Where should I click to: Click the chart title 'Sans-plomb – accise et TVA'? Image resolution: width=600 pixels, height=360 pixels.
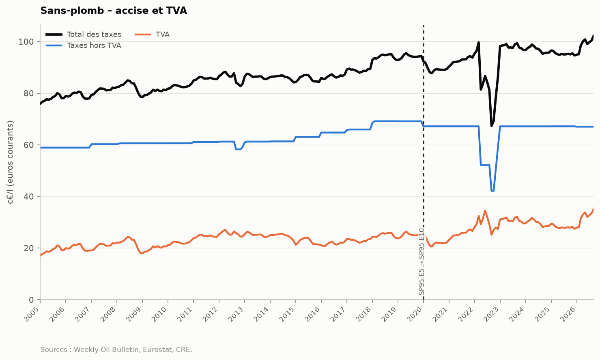[x=114, y=11]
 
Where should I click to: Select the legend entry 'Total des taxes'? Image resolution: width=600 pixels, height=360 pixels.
[x=83, y=34]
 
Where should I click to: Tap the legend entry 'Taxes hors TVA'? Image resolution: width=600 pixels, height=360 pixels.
[x=83, y=45]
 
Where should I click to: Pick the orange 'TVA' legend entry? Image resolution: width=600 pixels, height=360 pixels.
[x=152, y=34]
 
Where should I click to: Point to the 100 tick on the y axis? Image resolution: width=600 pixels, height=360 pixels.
[x=26, y=42]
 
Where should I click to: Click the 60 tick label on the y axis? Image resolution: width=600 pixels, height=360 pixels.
[x=29, y=145]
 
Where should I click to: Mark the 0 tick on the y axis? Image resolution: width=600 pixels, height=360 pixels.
[x=31, y=300]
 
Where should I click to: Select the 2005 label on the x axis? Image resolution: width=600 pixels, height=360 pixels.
[x=32, y=314]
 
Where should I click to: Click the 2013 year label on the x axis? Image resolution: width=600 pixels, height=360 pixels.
[x=237, y=314]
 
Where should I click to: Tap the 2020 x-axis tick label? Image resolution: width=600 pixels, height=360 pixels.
[x=415, y=314]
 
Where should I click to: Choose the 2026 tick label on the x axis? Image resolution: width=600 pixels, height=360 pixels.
[x=569, y=314]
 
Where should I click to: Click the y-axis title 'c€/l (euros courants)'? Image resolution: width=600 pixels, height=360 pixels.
[x=10, y=162]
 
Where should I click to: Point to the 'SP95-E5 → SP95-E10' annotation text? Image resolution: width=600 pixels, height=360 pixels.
[x=422, y=262]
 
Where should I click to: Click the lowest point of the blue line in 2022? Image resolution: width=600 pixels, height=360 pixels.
[x=492, y=191]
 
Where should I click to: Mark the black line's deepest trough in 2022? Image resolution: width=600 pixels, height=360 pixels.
[x=492, y=126]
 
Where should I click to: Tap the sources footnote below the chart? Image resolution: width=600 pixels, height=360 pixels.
[x=116, y=350]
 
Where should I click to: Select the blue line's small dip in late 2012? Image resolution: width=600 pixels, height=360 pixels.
[x=238, y=149]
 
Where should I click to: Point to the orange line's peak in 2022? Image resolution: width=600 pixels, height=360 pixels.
[x=485, y=211]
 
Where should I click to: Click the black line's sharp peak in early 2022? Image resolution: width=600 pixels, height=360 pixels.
[x=478, y=42]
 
